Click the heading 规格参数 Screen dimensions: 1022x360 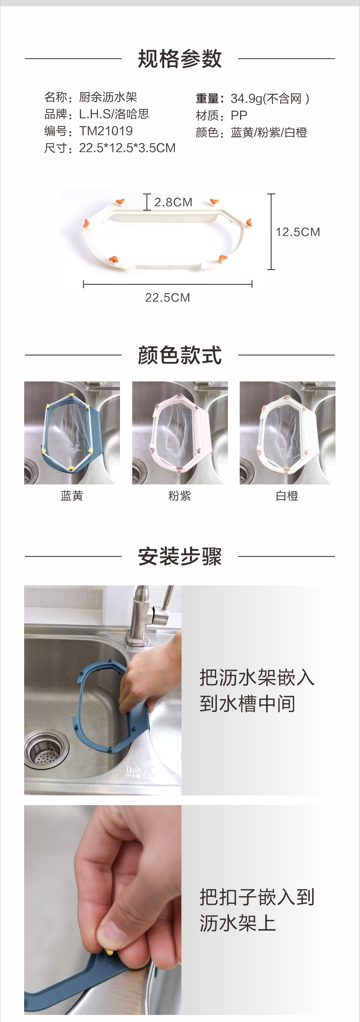[x=179, y=59]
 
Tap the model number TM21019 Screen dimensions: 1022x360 [x=106, y=131]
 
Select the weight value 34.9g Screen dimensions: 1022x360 [x=246, y=98]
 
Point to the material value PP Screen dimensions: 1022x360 [x=239, y=115]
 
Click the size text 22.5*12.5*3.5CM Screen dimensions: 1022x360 [x=127, y=148]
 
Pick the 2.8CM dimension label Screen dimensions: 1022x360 [x=173, y=203]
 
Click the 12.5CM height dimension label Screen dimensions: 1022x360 [x=298, y=232]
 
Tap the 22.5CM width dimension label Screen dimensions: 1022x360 [x=168, y=298]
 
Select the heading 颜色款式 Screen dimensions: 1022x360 [x=179, y=355]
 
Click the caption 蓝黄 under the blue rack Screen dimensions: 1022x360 [x=72, y=496]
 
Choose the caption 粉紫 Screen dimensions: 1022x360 [x=180, y=496]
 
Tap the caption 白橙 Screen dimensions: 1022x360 [x=287, y=496]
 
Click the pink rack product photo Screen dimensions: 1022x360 [x=180, y=432]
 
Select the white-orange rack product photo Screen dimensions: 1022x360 [x=287, y=432]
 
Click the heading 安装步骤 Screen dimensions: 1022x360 [x=179, y=556]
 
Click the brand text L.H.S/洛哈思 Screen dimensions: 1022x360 [x=114, y=114]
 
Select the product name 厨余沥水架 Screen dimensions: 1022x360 [x=108, y=97]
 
